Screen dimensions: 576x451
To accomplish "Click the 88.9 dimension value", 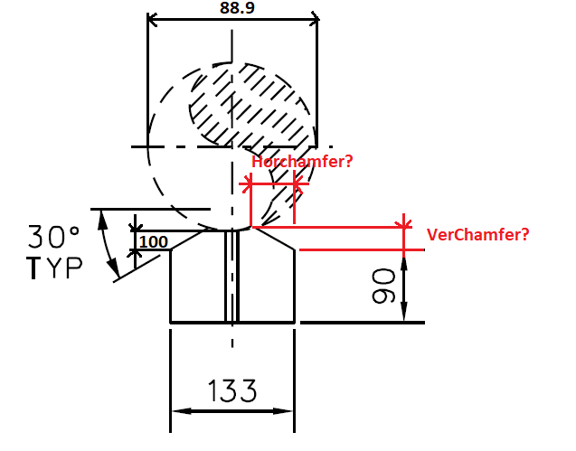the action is point(237,8).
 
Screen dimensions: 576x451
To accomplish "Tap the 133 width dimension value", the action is point(232,390).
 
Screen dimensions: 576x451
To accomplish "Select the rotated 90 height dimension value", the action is point(383,287).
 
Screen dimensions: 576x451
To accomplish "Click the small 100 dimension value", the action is point(154,241).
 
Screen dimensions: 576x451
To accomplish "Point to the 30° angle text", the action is point(53,237).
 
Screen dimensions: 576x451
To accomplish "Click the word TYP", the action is point(54,268).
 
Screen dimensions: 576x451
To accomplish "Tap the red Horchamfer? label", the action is point(302,162).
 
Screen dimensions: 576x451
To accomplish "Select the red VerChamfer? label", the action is point(478,234).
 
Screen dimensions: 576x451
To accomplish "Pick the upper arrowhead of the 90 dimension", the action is point(403,265).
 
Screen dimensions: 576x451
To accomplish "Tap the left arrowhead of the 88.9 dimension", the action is point(152,19).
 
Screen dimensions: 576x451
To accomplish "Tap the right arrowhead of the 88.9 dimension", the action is point(314,18).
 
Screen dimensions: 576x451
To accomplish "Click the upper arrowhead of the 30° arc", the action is point(103,220).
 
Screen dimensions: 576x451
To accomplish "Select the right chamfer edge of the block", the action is point(274,239).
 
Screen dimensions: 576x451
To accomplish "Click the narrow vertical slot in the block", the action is point(231,276).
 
